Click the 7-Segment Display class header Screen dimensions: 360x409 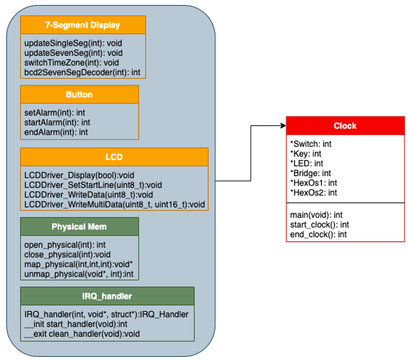(x=83, y=25)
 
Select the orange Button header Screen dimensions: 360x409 (x=79, y=95)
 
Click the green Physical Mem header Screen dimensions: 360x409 (x=78, y=226)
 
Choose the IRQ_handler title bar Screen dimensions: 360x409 (x=107, y=295)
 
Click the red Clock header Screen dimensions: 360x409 (x=345, y=125)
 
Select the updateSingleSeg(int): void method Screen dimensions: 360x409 (x=73, y=43)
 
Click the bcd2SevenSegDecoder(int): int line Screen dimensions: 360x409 (x=82, y=72)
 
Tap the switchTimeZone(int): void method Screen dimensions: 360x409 (x=72, y=63)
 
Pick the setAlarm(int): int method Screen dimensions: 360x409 (x=50, y=112)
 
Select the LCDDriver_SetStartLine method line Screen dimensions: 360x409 (x=93, y=184)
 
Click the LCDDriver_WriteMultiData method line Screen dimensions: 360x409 (x=114, y=204)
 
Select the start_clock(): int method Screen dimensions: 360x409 (x=319, y=225)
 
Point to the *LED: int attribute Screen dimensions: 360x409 (x=306, y=162)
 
